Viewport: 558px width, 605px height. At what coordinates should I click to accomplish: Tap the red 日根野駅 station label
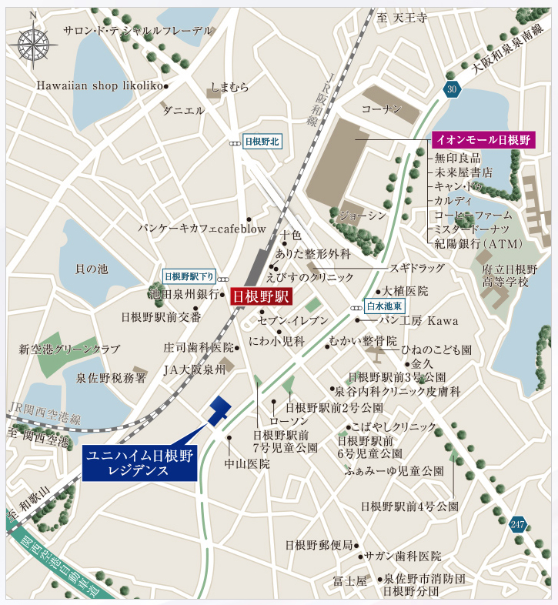[261, 296]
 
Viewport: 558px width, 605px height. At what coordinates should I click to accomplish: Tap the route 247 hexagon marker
[518, 525]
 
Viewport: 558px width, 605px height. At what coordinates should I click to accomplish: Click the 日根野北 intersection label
[263, 142]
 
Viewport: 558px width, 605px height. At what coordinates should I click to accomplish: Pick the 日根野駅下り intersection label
[189, 277]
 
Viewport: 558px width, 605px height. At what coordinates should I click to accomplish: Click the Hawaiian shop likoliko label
[99, 85]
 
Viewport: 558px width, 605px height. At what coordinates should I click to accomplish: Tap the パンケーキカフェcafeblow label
[202, 229]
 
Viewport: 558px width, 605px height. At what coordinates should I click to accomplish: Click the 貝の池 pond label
[92, 269]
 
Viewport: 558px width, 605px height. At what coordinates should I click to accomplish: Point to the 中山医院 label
[247, 464]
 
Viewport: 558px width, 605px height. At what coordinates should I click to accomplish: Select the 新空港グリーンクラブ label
[69, 349]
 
